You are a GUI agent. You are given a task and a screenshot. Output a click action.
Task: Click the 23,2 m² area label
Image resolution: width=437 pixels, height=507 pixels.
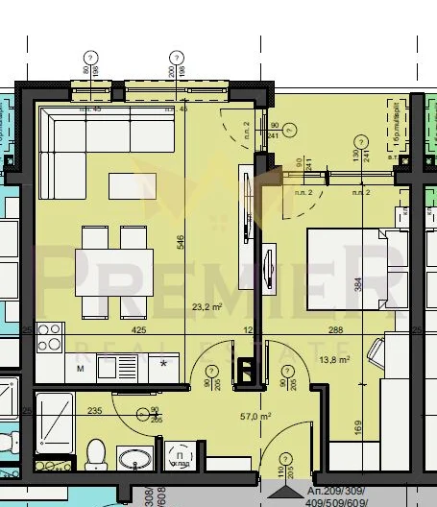[206, 307]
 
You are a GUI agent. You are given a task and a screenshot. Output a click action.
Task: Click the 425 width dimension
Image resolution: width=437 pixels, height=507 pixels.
[138, 330]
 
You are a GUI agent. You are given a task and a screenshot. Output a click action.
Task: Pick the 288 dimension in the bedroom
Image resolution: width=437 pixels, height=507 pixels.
[335, 330]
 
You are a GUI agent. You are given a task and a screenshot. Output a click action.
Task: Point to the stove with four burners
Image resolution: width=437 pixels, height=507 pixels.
[49, 338]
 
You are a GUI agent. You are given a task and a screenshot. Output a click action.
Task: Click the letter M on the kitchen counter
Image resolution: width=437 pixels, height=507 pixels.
[80, 367]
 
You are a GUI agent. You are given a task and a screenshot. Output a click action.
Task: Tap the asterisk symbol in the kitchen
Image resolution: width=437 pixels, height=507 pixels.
[164, 365]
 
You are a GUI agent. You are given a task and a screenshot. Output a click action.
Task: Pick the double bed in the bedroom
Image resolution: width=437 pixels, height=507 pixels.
[346, 272]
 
